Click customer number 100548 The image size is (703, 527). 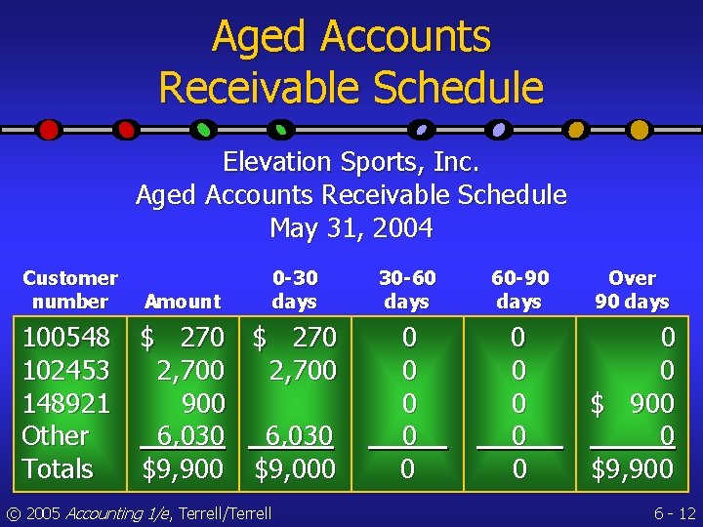(x=66, y=338)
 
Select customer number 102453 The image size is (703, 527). (x=66, y=371)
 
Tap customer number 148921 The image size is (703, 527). (x=66, y=403)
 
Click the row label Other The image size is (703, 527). (x=56, y=436)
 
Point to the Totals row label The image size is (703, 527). (x=58, y=469)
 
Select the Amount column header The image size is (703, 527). (x=182, y=302)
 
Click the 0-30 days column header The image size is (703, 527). (x=294, y=290)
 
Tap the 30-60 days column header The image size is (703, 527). (x=407, y=290)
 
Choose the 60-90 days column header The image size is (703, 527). (x=518, y=290)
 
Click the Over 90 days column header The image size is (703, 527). (x=632, y=290)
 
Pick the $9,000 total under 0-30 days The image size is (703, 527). (x=295, y=469)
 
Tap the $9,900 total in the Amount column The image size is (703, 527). (x=183, y=469)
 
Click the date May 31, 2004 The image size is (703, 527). (x=351, y=228)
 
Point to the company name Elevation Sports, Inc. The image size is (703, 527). (x=351, y=161)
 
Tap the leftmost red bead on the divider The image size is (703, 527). (x=49, y=129)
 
